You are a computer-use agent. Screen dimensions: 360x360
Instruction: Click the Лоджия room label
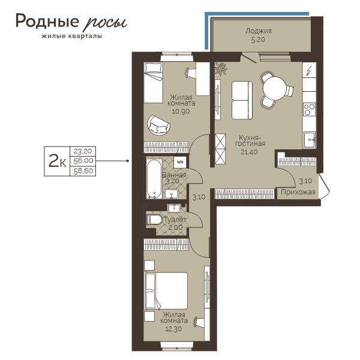pyautogui.click(x=259, y=31)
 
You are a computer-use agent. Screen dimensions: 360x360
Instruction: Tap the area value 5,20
pyautogui.click(x=258, y=40)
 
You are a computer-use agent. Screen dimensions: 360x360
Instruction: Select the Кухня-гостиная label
pyautogui.click(x=250, y=141)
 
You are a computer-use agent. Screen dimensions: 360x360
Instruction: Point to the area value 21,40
pyautogui.click(x=249, y=152)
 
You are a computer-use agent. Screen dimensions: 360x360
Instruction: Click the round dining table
pyautogui.click(x=275, y=88)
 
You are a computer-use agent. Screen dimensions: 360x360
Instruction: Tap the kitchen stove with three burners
pyautogui.click(x=309, y=110)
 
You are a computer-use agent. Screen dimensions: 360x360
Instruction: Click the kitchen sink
pyautogui.click(x=309, y=140)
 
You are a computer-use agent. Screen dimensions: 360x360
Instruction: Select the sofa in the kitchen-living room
pyautogui.click(x=242, y=100)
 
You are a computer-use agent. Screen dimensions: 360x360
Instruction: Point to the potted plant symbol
pyautogui.click(x=221, y=68)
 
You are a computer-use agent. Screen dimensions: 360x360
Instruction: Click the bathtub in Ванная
pyautogui.click(x=154, y=179)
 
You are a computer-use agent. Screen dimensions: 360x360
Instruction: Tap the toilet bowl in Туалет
pyautogui.click(x=154, y=220)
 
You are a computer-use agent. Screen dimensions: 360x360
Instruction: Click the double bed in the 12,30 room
pyautogui.click(x=166, y=290)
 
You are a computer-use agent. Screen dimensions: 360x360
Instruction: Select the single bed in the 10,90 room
pyautogui.click(x=153, y=82)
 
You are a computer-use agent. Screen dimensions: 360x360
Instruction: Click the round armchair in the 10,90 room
pyautogui.click(x=158, y=125)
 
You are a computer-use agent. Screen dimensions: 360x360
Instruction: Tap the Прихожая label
pyautogui.click(x=298, y=192)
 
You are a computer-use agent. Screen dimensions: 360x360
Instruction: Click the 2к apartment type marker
pyautogui.click(x=57, y=161)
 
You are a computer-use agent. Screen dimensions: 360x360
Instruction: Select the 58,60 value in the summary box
pyautogui.click(x=83, y=171)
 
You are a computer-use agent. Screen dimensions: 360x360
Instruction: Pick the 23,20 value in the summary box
pyautogui.click(x=83, y=151)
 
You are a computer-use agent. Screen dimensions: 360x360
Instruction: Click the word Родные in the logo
pyautogui.click(x=47, y=21)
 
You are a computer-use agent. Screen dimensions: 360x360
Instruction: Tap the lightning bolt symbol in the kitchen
pyautogui.click(x=309, y=71)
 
